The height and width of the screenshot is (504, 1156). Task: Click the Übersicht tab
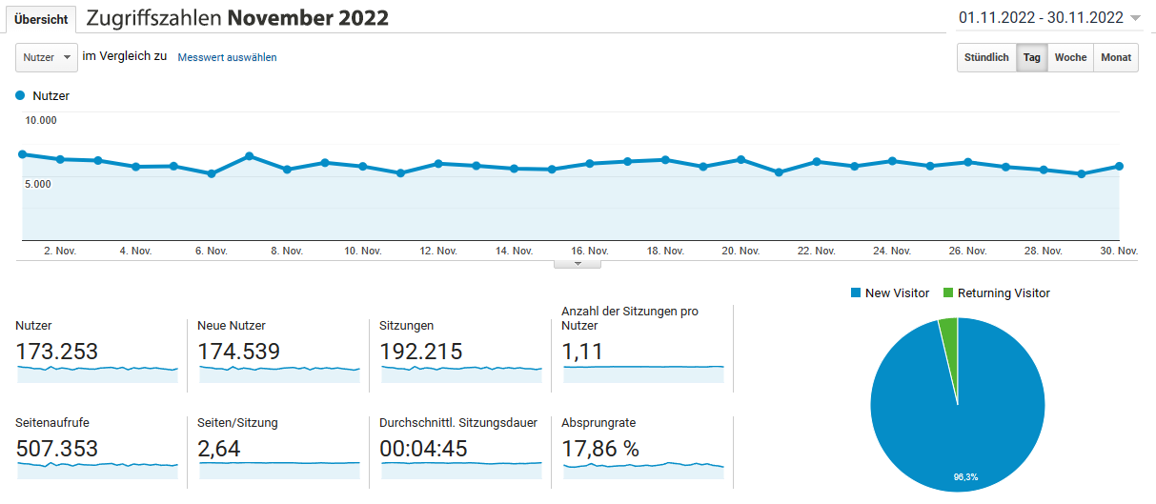point(41,19)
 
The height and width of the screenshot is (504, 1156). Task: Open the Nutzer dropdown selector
point(46,57)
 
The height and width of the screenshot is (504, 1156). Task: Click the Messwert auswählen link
point(227,57)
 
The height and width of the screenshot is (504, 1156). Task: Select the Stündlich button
point(986,57)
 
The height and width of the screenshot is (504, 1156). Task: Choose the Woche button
point(1070,57)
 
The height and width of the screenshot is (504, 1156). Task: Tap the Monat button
point(1116,57)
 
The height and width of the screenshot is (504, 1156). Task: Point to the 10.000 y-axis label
point(41,120)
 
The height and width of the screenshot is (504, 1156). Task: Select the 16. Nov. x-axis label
point(590,251)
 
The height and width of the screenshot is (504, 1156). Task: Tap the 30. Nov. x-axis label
point(1119,251)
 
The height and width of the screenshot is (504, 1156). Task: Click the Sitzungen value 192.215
point(420,352)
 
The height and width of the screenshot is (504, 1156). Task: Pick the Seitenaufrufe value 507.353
point(57,449)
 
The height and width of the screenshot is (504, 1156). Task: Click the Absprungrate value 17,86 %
point(600,449)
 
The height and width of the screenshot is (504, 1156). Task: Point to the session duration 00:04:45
point(423,449)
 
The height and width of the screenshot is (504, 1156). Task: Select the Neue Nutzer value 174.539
point(238,352)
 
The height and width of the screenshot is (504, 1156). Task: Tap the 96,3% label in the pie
point(964,475)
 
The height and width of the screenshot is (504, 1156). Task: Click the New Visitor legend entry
point(889,293)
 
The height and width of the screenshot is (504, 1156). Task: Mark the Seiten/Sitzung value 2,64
point(219,449)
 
